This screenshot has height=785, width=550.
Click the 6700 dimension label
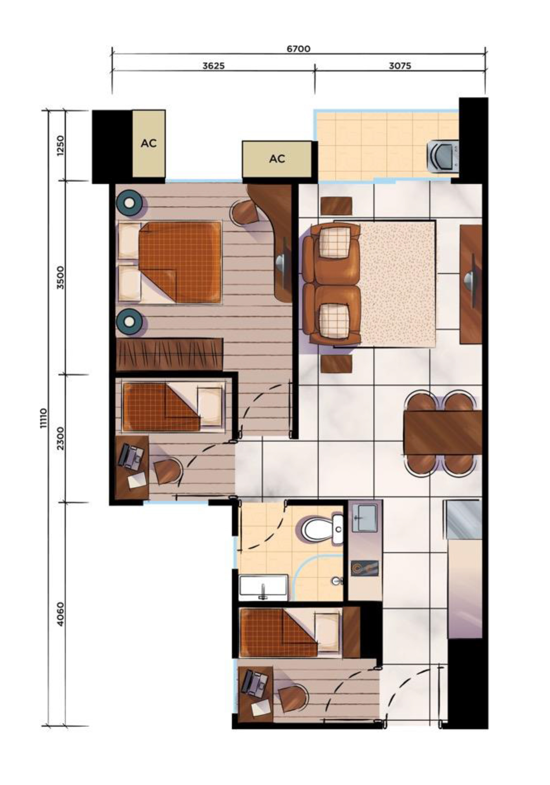pos(298,49)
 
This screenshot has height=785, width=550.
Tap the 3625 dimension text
pos(214,66)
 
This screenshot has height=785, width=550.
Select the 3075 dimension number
pos(400,66)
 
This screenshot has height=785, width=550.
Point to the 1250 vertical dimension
pos(61,145)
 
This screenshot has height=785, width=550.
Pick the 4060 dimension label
pos(61,614)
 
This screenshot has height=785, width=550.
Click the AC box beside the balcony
pos(277,159)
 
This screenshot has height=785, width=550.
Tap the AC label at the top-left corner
pos(148,143)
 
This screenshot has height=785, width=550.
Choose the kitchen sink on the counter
pos(364,518)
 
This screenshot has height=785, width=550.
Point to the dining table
pos(443,432)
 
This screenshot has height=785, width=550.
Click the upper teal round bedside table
pos(130,202)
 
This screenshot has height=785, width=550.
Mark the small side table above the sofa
pos(336,206)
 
